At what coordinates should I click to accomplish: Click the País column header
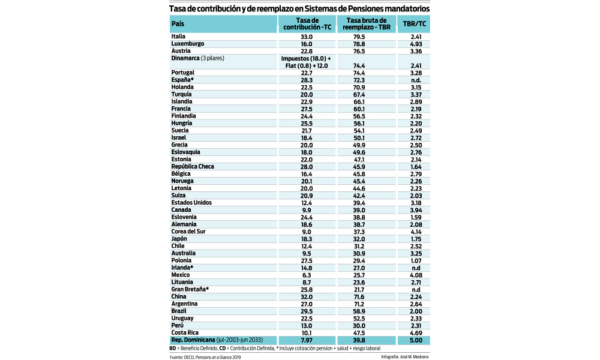(178, 24)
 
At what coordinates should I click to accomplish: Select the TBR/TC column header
(414, 24)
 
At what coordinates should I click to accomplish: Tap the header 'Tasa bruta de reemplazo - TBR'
(366, 24)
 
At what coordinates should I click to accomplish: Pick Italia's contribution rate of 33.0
(307, 37)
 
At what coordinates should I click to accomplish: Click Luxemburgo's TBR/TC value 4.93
(416, 44)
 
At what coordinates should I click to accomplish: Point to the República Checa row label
(193, 166)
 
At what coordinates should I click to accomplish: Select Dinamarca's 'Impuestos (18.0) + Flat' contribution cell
(306, 62)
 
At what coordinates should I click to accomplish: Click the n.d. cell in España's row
(416, 80)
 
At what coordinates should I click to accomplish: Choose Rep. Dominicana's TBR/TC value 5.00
(416, 340)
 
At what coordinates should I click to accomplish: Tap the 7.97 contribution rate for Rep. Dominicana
(307, 340)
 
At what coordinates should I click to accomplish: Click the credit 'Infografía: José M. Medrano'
(405, 356)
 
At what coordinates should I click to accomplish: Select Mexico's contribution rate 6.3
(307, 275)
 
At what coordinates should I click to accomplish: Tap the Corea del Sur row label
(188, 232)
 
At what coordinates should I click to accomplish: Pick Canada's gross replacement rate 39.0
(359, 210)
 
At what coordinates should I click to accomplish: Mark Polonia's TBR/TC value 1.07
(416, 260)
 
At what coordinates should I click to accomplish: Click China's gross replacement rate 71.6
(359, 297)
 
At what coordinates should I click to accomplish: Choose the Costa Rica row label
(185, 333)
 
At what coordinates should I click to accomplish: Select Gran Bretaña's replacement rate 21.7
(359, 290)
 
